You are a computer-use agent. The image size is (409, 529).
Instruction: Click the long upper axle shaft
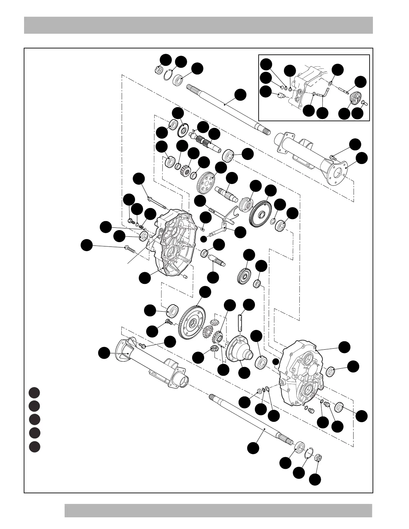pos(227,107)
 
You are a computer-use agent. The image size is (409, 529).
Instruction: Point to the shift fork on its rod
pos(231,214)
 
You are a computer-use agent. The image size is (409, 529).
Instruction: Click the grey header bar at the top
pos(198,25)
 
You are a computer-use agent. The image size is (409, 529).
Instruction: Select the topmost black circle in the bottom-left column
pos(34,392)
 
